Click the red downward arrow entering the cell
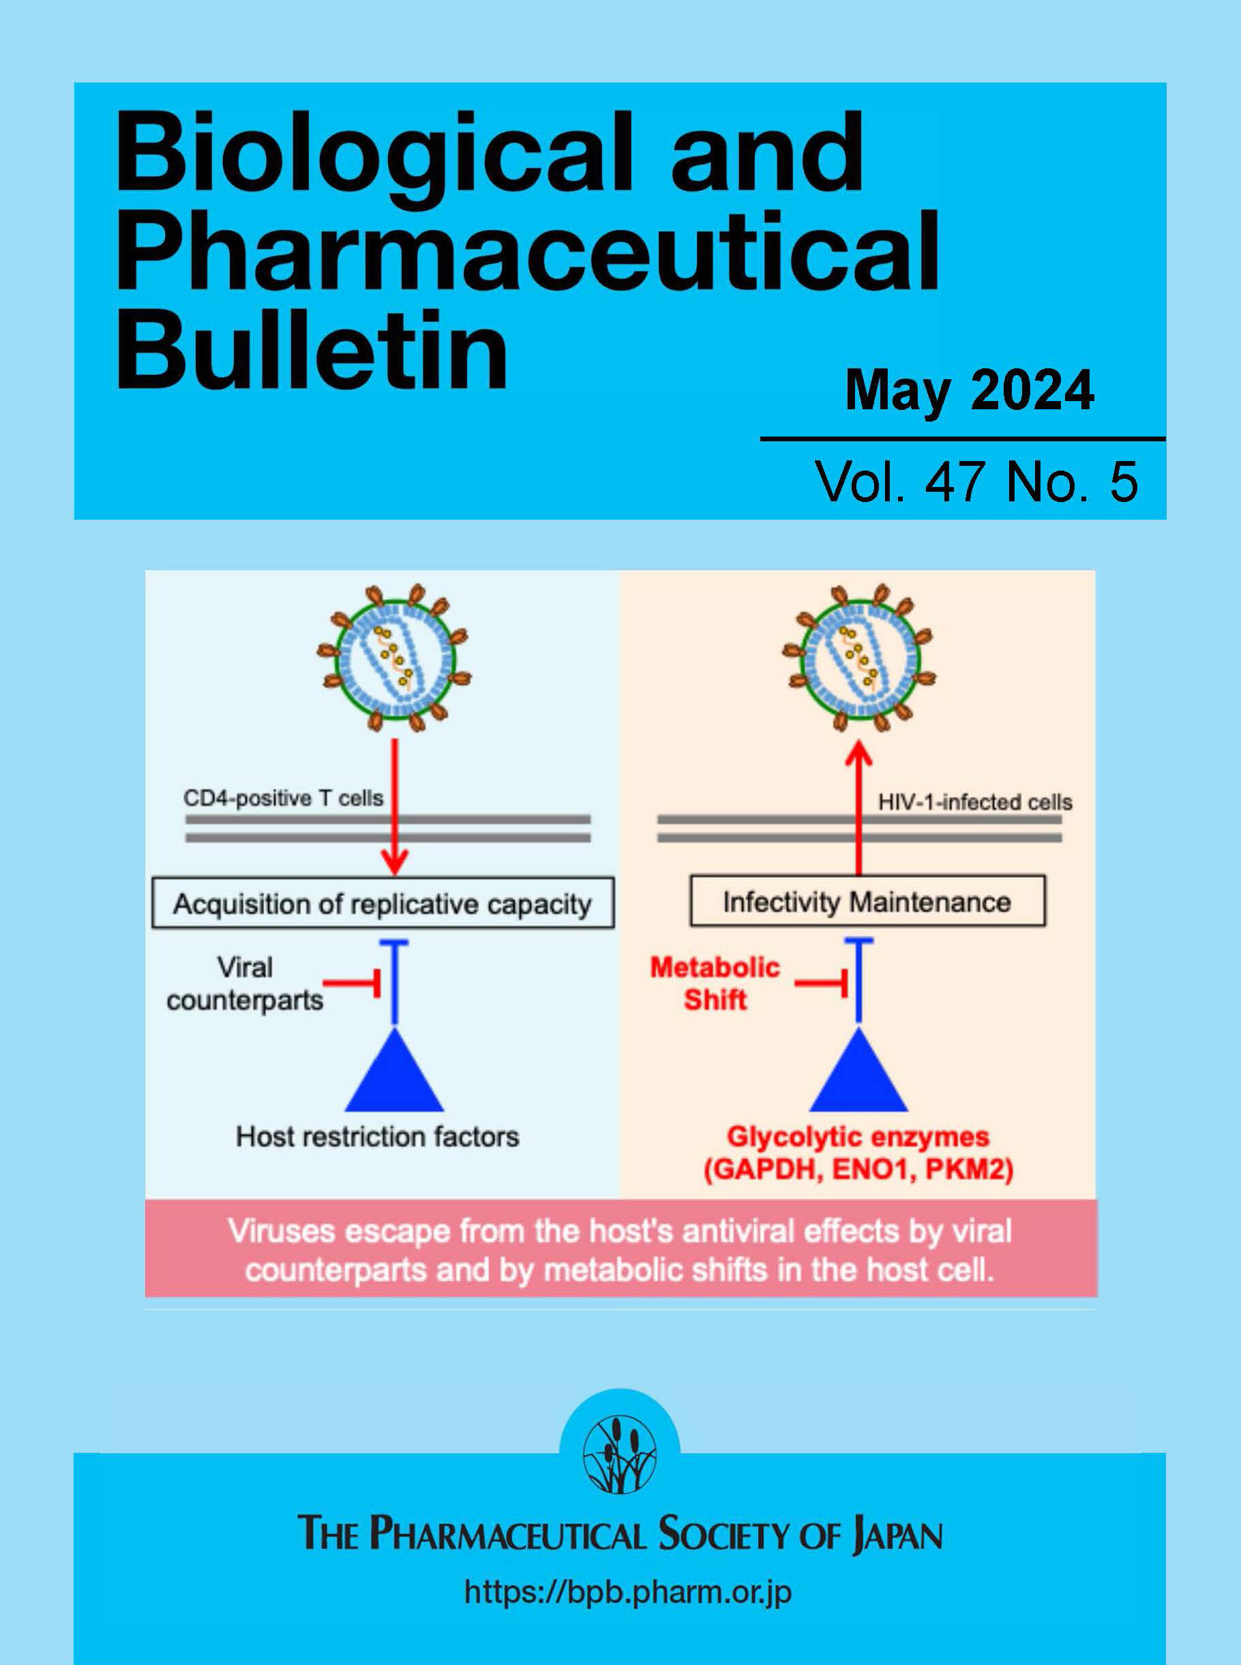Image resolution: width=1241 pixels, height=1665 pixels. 395,806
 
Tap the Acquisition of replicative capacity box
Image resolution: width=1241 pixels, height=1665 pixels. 383,902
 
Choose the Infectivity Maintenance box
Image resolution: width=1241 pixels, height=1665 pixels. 867,901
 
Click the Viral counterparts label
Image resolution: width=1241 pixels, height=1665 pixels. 245,984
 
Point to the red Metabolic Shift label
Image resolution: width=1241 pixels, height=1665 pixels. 715,984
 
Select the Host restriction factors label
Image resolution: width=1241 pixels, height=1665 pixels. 378,1137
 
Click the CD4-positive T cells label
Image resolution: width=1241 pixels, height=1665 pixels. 283,798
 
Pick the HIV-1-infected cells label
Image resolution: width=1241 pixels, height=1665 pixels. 975,802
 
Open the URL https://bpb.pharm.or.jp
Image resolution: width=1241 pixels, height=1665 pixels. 628,1592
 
